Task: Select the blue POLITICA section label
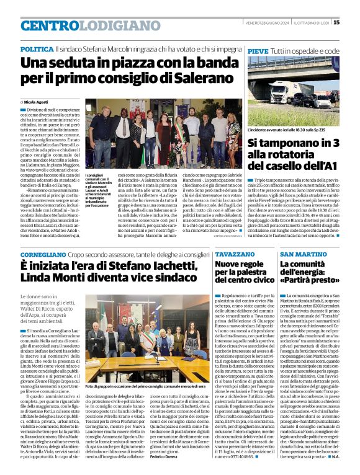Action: tap(37, 48)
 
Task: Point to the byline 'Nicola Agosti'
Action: tap(38, 100)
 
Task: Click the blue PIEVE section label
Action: tap(258, 51)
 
